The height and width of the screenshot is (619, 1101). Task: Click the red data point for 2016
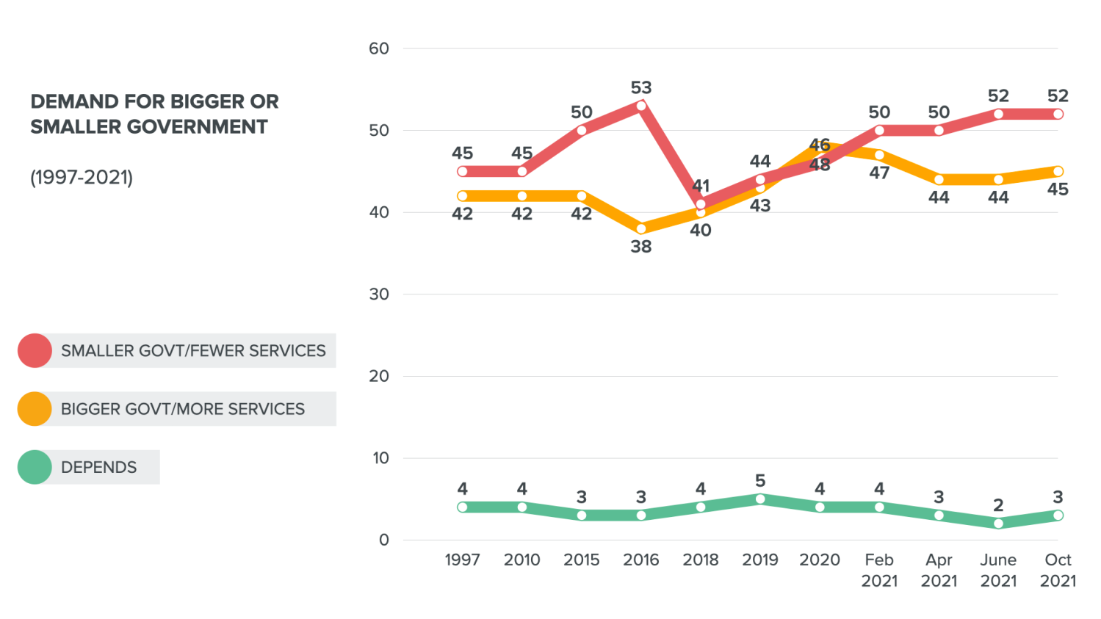[x=641, y=106]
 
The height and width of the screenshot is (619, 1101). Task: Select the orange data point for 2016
[x=641, y=228]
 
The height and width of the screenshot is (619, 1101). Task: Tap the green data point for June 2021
[x=998, y=524]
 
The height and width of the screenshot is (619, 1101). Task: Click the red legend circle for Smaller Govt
[x=35, y=350]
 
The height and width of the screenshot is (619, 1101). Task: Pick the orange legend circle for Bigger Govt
[x=35, y=409]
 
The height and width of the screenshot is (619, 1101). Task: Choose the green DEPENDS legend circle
[x=35, y=467]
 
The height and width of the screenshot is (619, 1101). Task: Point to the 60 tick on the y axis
[x=379, y=48]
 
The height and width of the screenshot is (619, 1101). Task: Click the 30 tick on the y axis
[x=379, y=294]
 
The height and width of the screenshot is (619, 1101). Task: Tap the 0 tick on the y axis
[x=383, y=540]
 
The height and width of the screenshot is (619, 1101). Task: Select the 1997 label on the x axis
[x=462, y=560]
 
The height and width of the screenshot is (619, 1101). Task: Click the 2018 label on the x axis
[x=701, y=560]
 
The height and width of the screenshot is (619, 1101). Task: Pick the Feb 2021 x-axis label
[x=879, y=570]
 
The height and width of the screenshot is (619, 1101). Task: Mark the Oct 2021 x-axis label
[x=1058, y=570]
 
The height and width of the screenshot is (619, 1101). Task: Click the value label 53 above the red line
[x=641, y=88]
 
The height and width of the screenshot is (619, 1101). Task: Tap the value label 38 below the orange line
[x=641, y=247]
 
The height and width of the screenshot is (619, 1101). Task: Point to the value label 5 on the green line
[x=760, y=481]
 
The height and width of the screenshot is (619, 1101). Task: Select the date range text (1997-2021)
[x=82, y=177]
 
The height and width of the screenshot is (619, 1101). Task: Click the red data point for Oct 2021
[x=1058, y=114]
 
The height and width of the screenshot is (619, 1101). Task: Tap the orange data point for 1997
[x=462, y=196]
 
